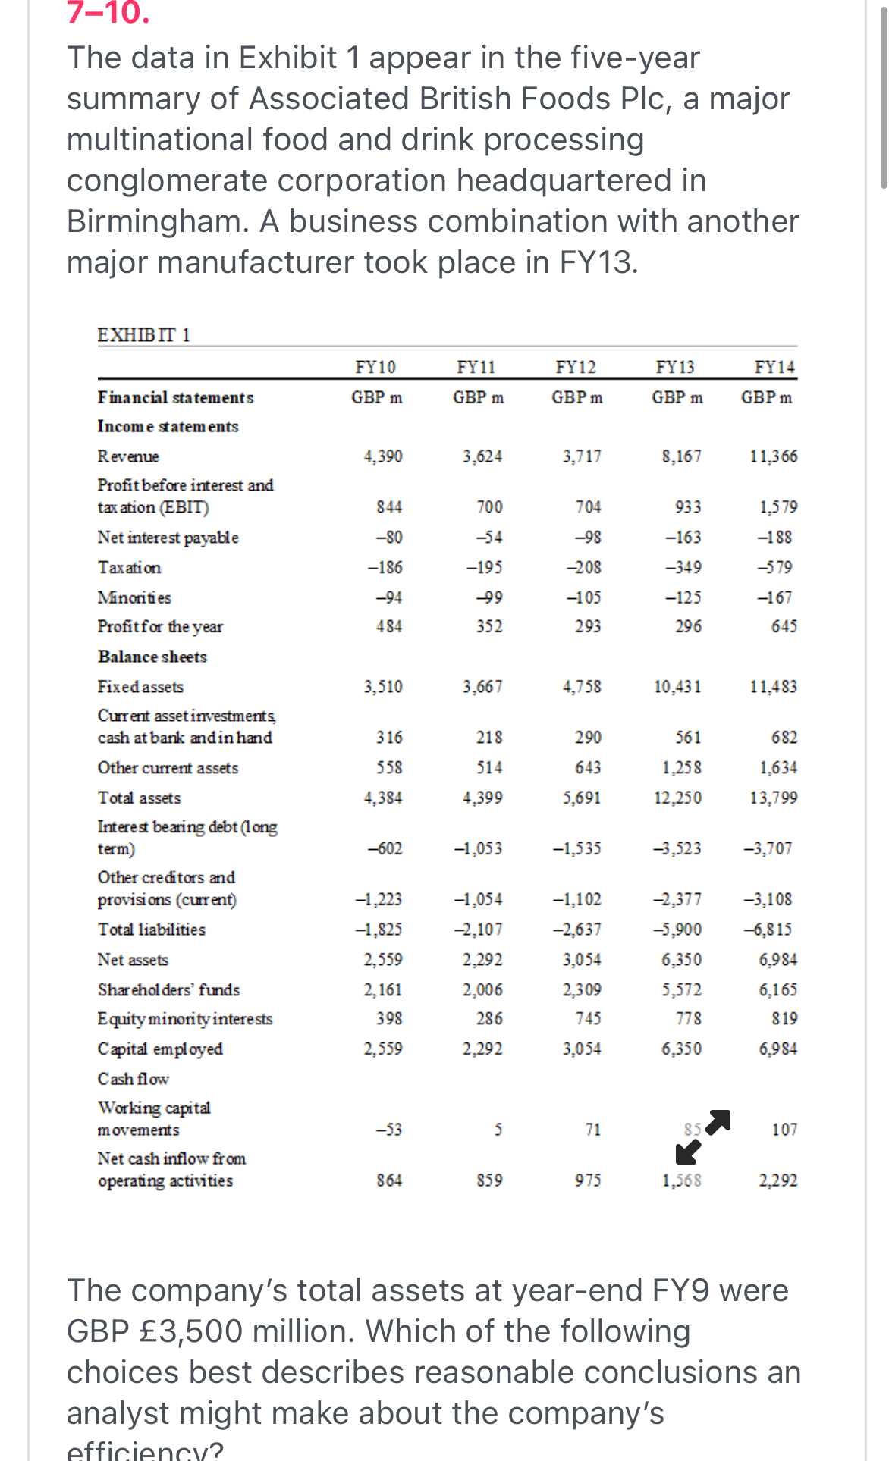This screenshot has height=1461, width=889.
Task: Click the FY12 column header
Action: [576, 368]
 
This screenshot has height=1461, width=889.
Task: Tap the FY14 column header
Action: [774, 368]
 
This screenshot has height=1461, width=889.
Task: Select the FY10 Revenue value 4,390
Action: [383, 456]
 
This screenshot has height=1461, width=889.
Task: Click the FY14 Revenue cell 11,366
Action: [774, 456]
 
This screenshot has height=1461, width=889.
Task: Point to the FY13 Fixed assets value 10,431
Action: [677, 687]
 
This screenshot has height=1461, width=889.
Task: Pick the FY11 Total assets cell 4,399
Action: [482, 798]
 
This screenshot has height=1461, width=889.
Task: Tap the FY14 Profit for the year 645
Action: [784, 626]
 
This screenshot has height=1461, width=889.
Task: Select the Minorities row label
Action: [134, 597]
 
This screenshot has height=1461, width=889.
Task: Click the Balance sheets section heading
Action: [152, 657]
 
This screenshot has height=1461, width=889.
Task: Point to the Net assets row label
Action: [133, 960]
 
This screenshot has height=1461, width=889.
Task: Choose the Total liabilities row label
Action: [152, 930]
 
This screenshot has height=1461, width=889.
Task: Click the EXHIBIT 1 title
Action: [144, 335]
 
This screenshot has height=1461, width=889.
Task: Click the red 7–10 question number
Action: [108, 14]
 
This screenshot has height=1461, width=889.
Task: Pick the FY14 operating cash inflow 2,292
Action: [778, 1180]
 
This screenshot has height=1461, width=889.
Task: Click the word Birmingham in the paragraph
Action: [155, 221]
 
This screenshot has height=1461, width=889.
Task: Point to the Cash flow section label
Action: [134, 1079]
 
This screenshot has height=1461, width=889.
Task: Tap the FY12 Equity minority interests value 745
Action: [588, 1019]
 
